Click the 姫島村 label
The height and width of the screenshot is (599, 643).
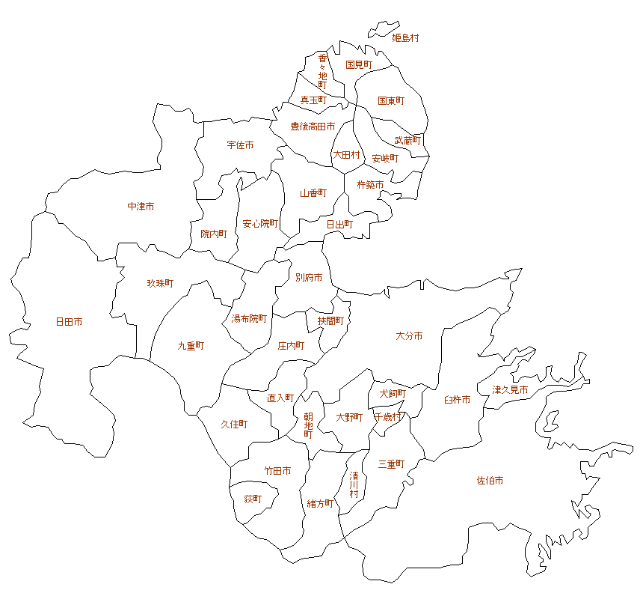(405, 38)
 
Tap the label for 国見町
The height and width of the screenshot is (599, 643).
(359, 65)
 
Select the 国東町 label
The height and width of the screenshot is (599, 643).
(391, 101)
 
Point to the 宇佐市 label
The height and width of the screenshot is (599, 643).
(240, 145)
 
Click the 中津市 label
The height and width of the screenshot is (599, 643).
(141, 206)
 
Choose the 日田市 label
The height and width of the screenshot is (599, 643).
(69, 322)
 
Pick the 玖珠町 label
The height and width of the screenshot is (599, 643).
(160, 284)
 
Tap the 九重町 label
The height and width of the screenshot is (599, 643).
(191, 346)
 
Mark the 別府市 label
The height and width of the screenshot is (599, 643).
(309, 278)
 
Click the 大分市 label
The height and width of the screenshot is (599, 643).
(409, 336)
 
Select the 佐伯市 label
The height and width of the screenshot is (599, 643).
(490, 481)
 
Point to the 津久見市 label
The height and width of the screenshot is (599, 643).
(511, 390)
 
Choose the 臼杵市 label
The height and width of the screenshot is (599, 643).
(457, 401)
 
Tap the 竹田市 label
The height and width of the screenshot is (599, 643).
(277, 471)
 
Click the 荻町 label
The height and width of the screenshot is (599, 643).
(253, 499)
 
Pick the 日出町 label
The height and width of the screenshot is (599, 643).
(339, 224)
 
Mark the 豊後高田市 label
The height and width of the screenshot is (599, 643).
(313, 127)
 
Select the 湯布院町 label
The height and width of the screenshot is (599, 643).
(249, 319)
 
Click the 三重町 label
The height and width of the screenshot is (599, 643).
(391, 464)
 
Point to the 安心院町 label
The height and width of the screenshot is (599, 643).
(260, 224)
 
